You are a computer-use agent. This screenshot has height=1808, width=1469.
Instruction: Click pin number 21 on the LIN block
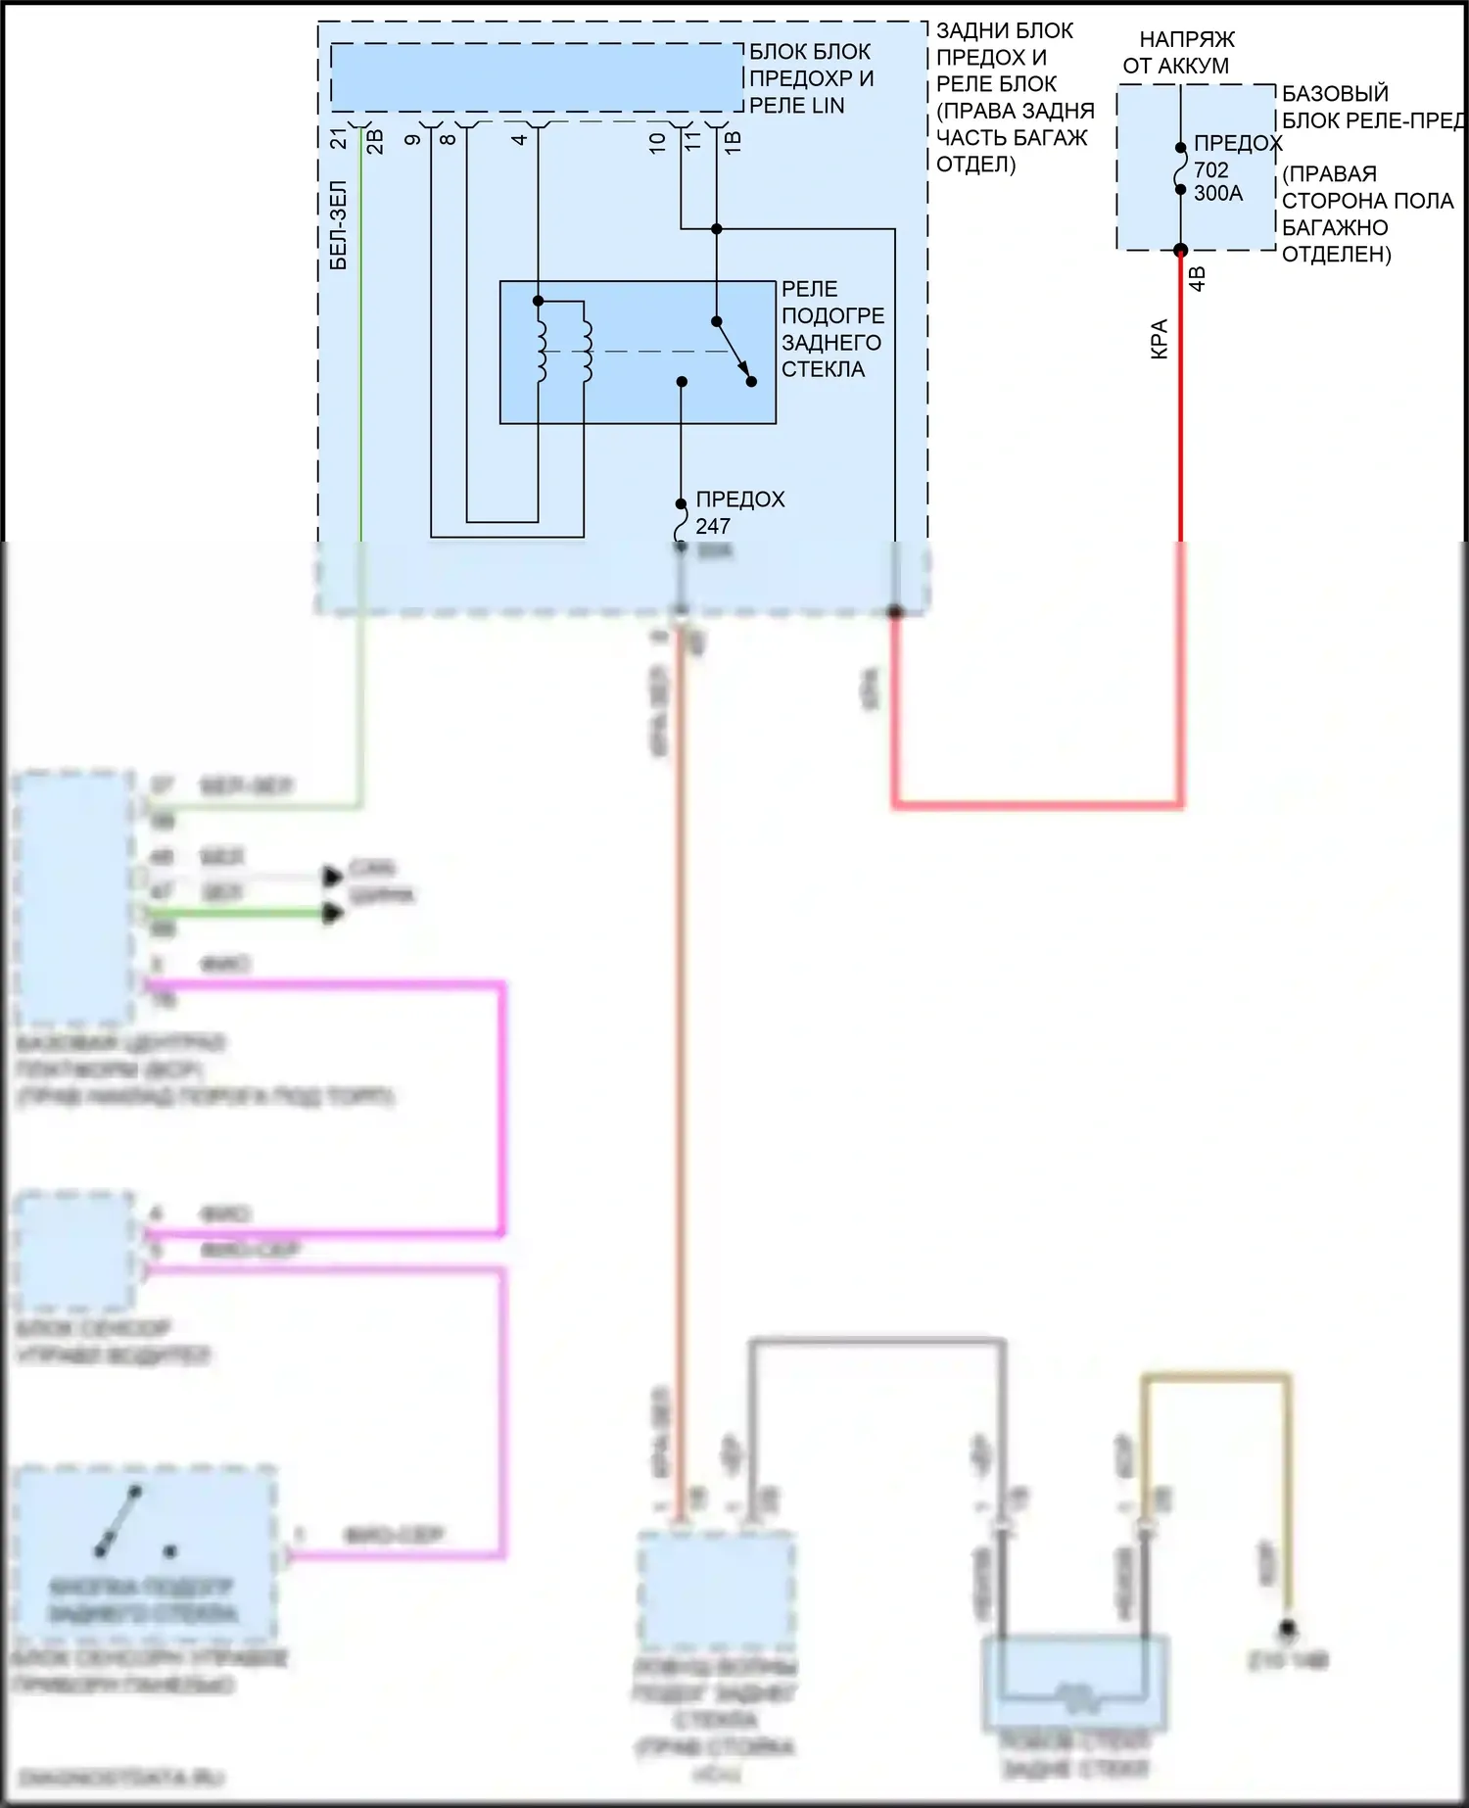pos(338,139)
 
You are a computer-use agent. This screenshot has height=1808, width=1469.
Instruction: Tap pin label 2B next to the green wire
pos(375,142)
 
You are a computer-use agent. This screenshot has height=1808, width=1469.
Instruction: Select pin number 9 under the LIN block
pos(413,139)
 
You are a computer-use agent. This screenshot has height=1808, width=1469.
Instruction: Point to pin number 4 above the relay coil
pos(520,139)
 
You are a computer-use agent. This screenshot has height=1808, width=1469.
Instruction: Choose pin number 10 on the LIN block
pos(657,141)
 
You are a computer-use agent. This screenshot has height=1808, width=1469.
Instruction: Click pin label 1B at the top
pos(733,141)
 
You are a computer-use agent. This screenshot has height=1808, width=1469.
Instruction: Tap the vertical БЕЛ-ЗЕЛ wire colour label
pos(338,224)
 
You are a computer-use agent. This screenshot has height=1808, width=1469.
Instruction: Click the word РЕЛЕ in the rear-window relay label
pos(809,289)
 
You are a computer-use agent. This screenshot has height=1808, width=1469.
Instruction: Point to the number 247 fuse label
pos(713,526)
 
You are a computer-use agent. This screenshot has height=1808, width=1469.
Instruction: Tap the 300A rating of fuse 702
pos(1217,193)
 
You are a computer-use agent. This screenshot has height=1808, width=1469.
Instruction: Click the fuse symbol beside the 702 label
pos(1181,169)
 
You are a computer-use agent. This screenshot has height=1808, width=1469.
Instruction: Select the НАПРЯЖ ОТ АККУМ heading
pos(1180,53)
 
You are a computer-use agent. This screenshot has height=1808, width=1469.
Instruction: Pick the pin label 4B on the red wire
pos(1197,278)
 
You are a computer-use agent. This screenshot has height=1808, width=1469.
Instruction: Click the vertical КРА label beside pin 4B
pos(1160,339)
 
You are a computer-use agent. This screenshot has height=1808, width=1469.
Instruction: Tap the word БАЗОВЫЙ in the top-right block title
pos(1335,93)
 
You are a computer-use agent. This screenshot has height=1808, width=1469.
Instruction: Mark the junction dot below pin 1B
pos(717,229)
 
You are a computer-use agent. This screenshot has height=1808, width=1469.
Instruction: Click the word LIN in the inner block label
pos(826,106)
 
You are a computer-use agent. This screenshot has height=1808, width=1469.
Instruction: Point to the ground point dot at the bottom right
pos(1288,1628)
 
